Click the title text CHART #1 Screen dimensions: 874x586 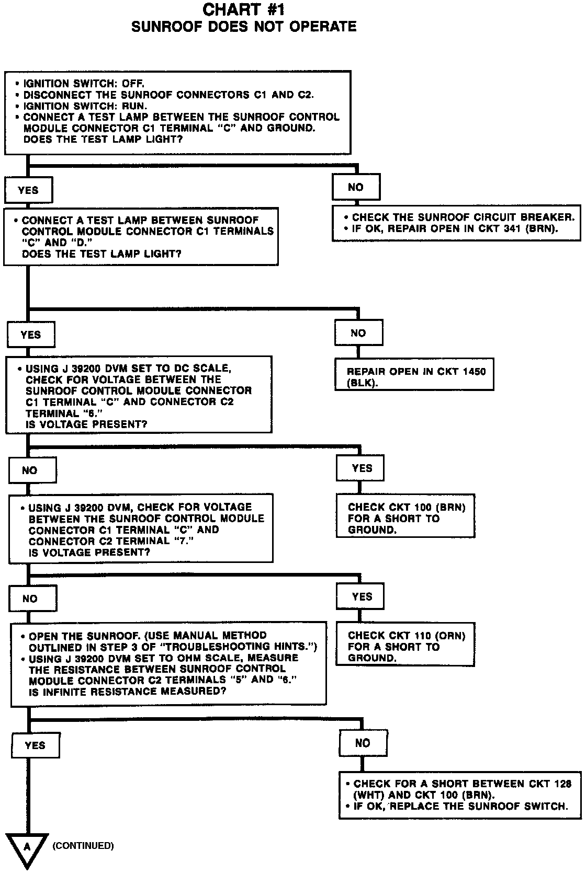pos(243,9)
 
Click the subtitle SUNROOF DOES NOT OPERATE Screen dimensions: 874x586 pos(244,27)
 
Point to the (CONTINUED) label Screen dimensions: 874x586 pos(83,845)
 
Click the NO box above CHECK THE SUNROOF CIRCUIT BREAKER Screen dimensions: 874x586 pos(356,187)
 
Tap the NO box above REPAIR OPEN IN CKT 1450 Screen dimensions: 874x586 pos(358,333)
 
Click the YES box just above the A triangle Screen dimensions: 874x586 pos(35,745)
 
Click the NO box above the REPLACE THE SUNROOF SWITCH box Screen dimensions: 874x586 pos(363,743)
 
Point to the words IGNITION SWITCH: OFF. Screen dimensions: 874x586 pos(84,84)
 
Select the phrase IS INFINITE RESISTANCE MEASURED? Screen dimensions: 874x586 pos(128,692)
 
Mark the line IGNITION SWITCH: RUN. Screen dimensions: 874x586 pos(85,106)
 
